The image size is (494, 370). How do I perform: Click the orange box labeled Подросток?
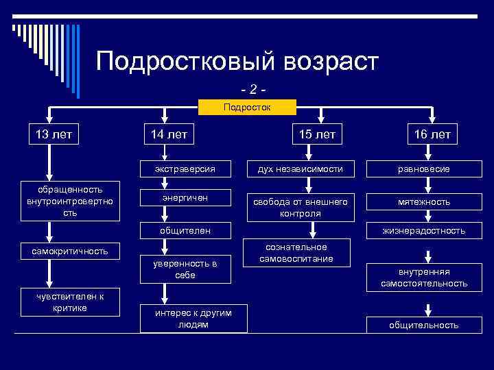pyautogui.click(x=247, y=107)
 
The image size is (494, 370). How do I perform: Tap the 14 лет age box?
pyautogui.click(x=164, y=134)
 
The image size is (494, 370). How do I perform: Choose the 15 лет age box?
pyautogui.click(x=316, y=134)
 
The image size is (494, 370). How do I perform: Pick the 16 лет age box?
pyautogui.click(x=432, y=134)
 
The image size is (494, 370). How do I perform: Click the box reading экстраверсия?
pyautogui.click(x=185, y=169)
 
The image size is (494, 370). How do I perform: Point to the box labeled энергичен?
pyautogui.click(x=185, y=198)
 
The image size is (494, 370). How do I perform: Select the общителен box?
pyautogui.click(x=185, y=231)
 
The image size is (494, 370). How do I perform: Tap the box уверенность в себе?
pyautogui.click(x=185, y=269)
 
